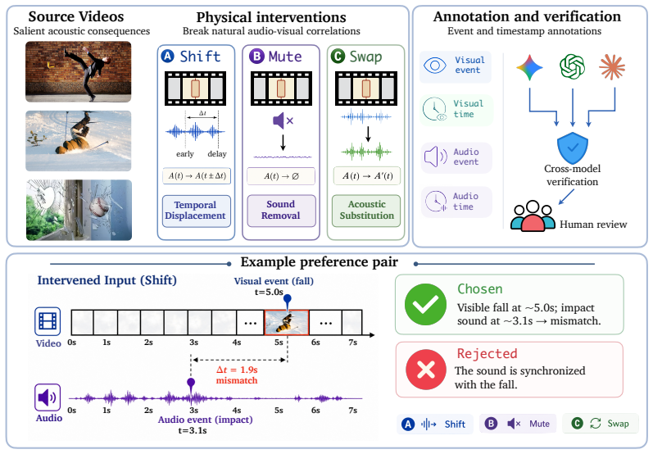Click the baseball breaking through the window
(98, 206)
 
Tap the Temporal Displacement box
(196, 211)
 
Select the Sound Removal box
(281, 211)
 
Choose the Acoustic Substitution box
(366, 211)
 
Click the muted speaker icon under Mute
(283, 120)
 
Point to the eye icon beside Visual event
(434, 66)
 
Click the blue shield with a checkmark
(572, 148)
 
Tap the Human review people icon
(533, 216)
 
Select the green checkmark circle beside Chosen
(425, 304)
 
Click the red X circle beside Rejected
(425, 370)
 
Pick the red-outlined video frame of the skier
(287, 322)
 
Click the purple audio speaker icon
(48, 397)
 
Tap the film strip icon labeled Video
(48, 321)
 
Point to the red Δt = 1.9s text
(237, 370)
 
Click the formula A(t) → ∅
(281, 176)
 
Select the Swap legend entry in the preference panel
(600, 424)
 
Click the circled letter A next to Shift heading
(167, 56)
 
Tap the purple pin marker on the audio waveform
(191, 384)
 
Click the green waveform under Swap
(366, 152)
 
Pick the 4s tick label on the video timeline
(237, 343)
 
